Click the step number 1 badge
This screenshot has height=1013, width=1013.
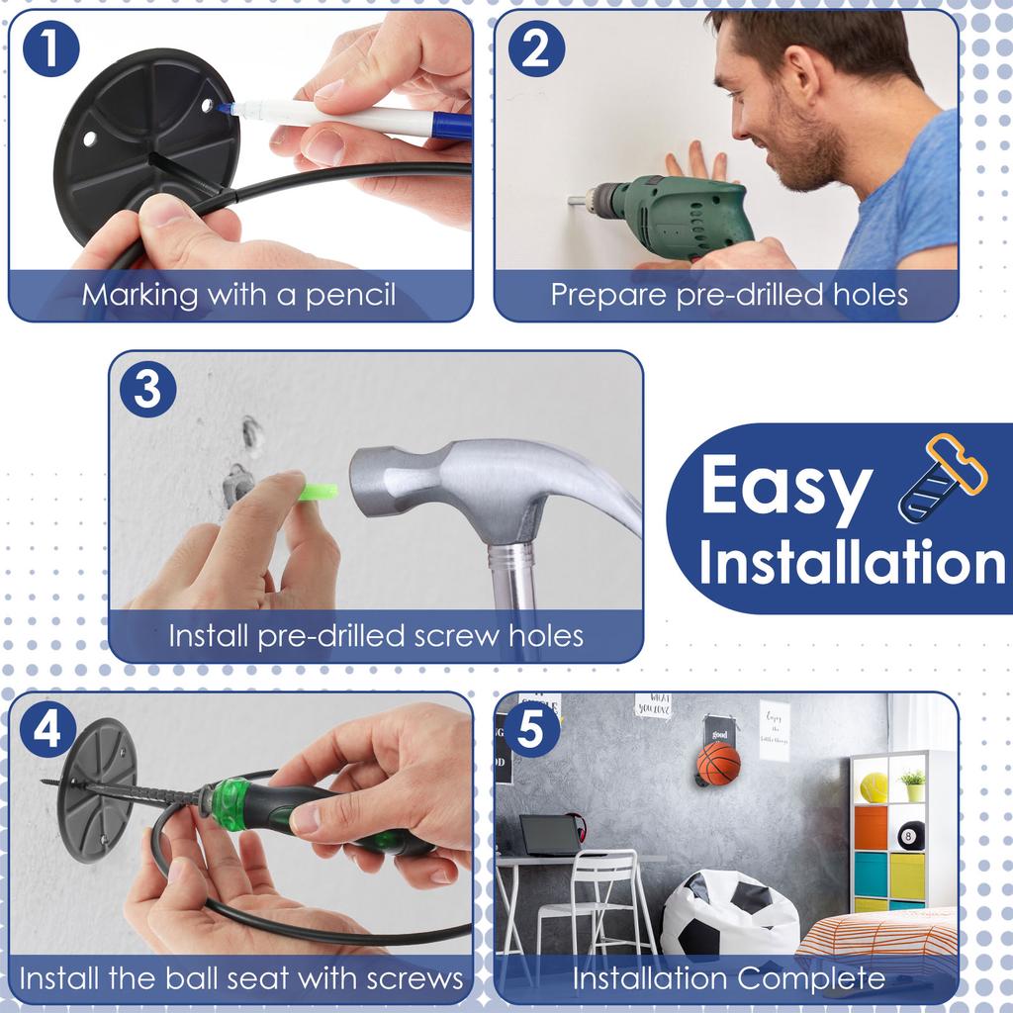(x=51, y=49)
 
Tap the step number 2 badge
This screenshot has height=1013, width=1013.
(x=536, y=49)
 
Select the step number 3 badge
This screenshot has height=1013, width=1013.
(x=148, y=389)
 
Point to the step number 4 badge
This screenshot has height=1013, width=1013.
(x=47, y=729)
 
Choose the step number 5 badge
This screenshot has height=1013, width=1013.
(x=531, y=729)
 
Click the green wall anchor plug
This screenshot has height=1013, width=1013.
(x=318, y=493)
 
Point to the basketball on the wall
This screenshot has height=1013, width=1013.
(x=718, y=763)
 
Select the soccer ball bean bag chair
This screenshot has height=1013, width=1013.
(x=730, y=912)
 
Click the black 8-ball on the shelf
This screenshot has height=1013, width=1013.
(x=910, y=835)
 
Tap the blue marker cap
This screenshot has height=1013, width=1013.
(x=452, y=126)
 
